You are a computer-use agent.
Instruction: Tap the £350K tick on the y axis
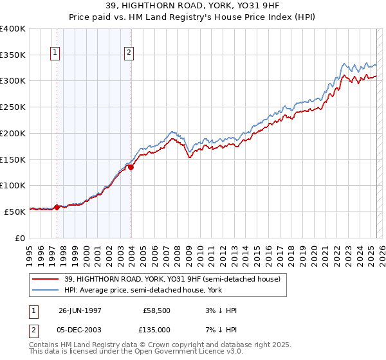point(13,55)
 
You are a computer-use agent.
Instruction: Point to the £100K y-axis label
point(13,185)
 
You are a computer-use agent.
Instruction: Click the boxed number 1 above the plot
point(55,53)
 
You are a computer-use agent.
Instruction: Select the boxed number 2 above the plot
point(129,53)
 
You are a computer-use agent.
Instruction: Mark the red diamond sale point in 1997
point(57,207)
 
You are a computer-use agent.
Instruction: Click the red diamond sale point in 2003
point(131,167)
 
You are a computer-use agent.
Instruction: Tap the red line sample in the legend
point(46,280)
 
